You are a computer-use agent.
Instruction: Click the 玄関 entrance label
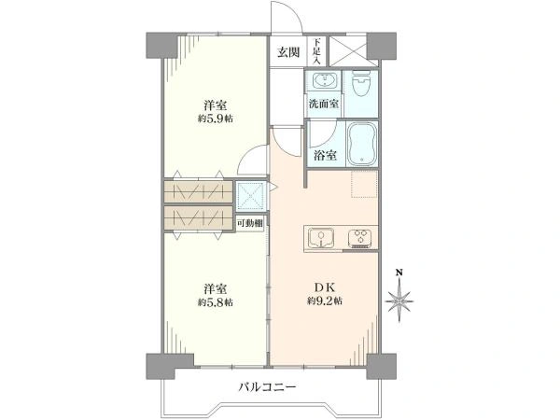point(288,52)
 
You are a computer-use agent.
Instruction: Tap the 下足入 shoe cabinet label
point(316,51)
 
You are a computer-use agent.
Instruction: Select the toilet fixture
point(360,83)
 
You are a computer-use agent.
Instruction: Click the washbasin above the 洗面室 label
point(324,79)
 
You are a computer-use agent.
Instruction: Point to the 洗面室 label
point(324,104)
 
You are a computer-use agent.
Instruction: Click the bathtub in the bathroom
point(362,145)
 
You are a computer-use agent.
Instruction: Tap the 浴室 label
point(325,155)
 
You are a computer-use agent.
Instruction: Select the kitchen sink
point(321,238)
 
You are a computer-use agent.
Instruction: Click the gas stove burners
point(360,238)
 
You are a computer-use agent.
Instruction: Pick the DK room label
point(324,287)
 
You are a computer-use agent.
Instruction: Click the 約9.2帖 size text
point(324,301)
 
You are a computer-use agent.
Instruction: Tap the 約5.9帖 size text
point(216,119)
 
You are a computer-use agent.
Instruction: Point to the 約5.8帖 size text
point(216,302)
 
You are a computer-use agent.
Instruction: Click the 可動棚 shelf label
point(249,224)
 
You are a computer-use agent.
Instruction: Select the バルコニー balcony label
point(268,386)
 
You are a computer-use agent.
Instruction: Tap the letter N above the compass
point(399,273)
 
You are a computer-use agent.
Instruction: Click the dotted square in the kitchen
point(364,184)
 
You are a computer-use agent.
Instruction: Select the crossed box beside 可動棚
point(251,196)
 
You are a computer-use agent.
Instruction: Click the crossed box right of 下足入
point(348,50)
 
